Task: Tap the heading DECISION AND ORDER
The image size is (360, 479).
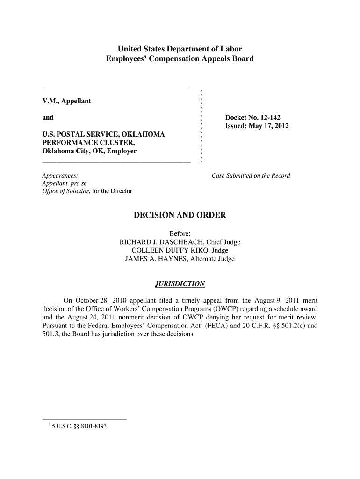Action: (180, 215)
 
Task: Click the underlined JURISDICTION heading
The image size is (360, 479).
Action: (180, 284)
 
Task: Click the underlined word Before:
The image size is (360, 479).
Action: (180, 234)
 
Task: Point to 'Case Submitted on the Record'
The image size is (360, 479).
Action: (251, 176)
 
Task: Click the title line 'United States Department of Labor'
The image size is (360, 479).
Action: (180, 49)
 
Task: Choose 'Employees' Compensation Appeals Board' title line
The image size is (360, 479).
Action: (180, 59)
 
